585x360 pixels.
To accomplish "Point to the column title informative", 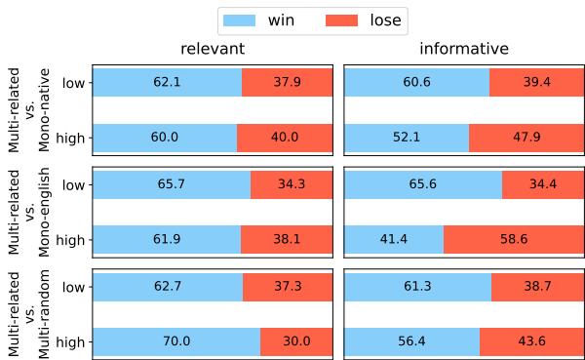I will tap(463, 49).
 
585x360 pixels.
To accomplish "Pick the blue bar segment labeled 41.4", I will tap(394, 239).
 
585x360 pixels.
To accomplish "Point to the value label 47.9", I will tap(526, 138).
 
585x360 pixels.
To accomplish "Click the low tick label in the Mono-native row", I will tap(72, 83).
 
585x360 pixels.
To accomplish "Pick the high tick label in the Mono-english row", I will tap(70, 239).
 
